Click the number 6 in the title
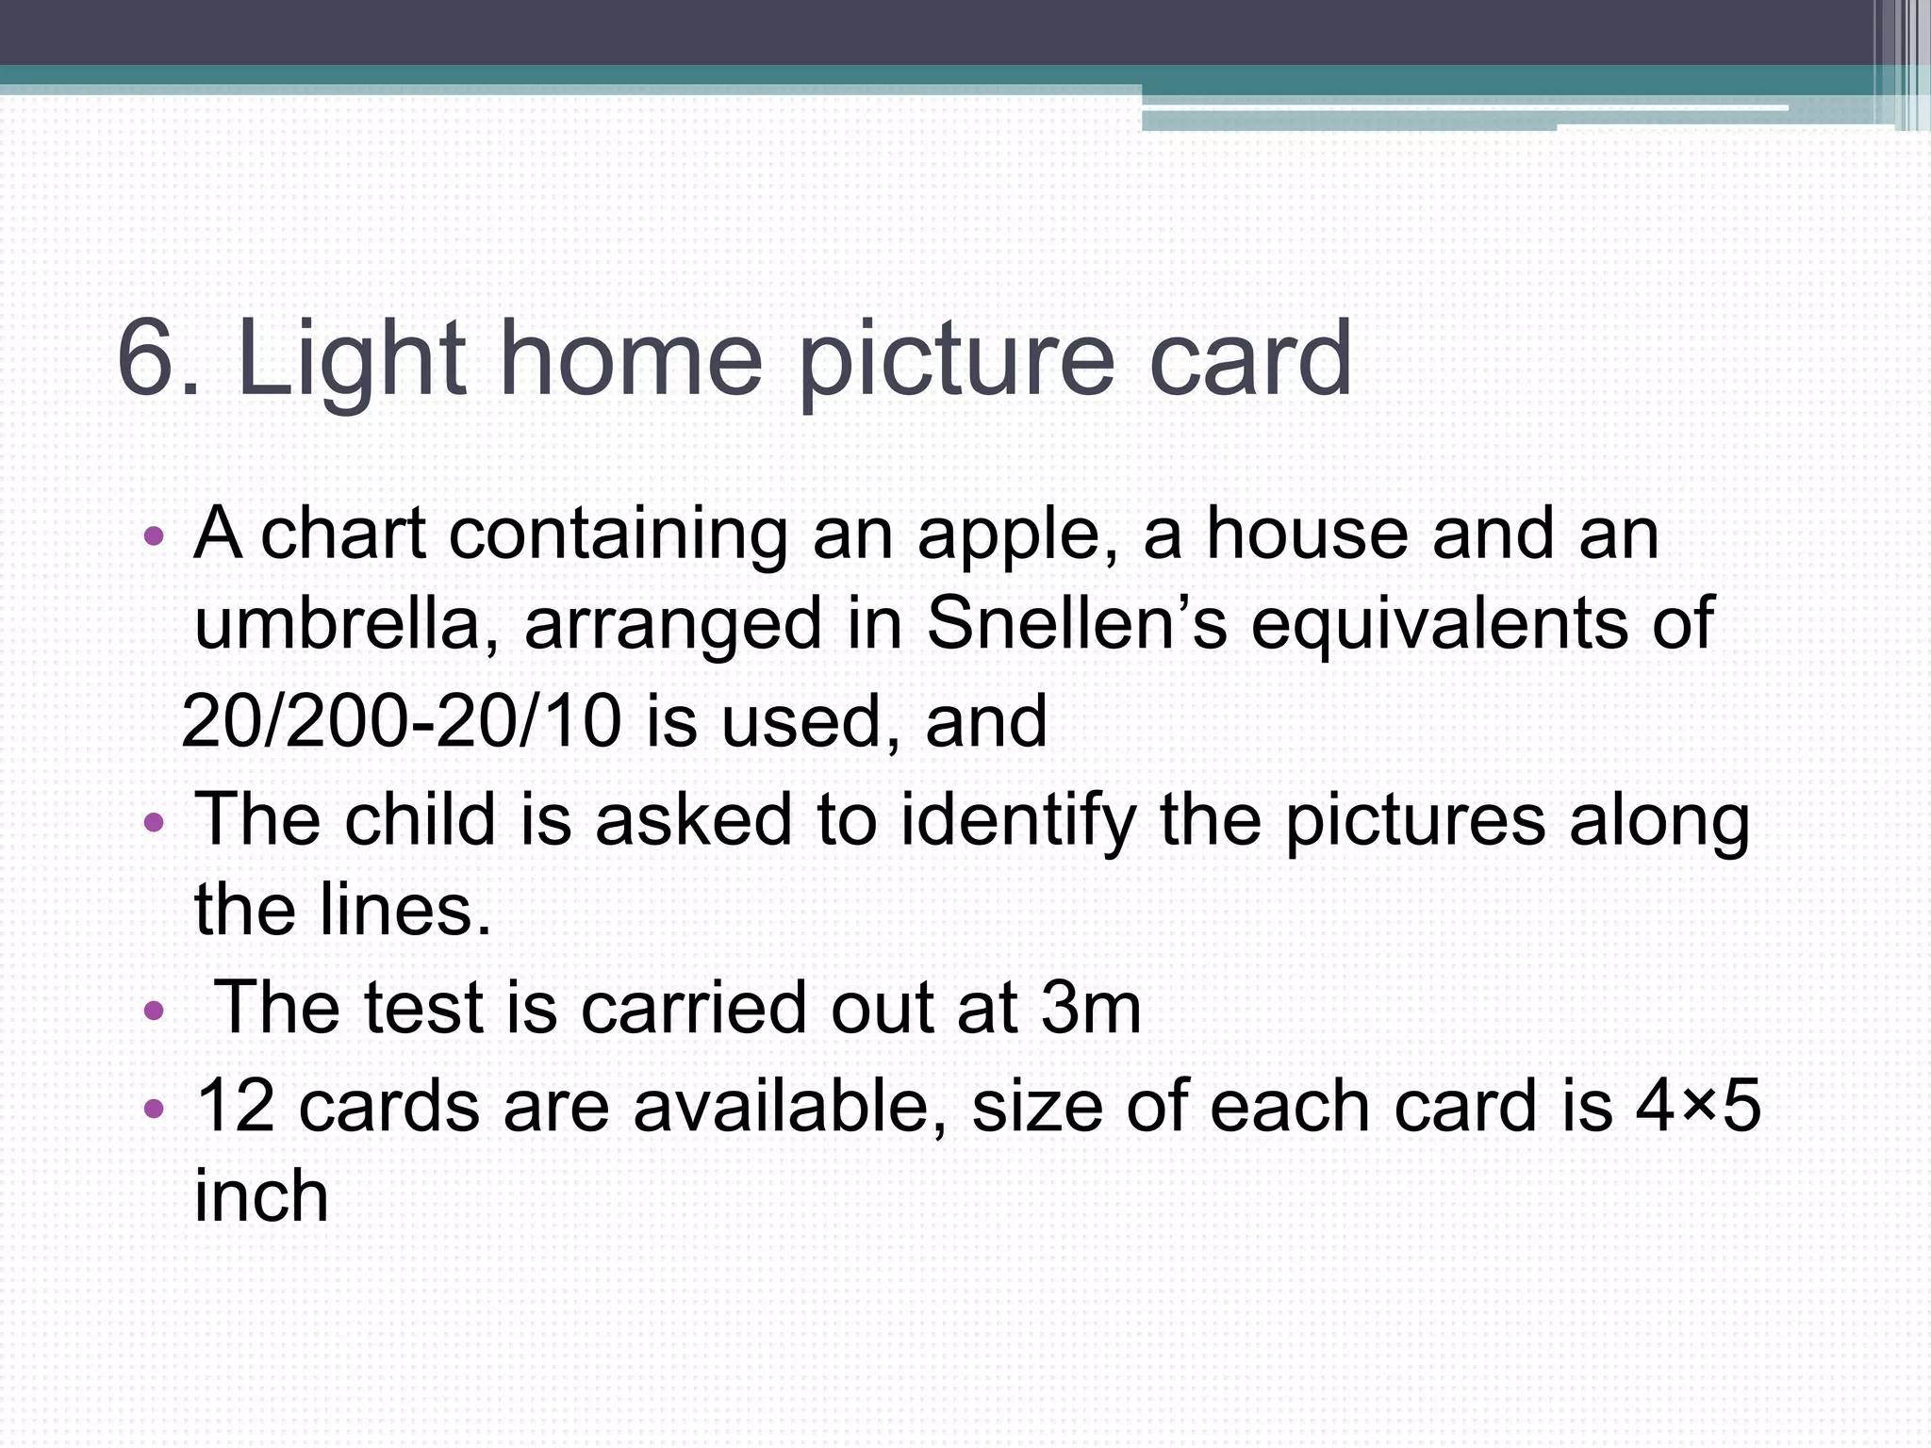coord(149,358)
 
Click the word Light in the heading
coord(351,358)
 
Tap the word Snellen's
coord(1077,623)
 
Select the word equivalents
coord(1481,623)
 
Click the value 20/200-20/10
coord(402,721)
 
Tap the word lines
coord(405,910)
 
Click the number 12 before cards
coord(236,1106)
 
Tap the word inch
coord(261,1195)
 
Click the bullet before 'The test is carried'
coord(154,1012)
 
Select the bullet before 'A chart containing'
coord(154,538)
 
